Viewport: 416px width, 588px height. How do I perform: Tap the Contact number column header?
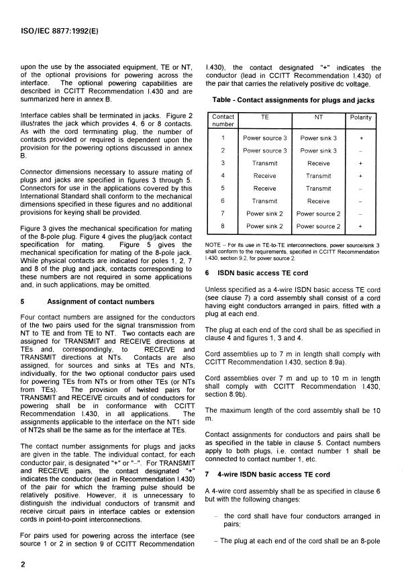tap(223, 120)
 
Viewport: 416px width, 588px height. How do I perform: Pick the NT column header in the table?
tap(319, 117)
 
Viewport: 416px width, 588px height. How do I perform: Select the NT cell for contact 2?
tap(319, 150)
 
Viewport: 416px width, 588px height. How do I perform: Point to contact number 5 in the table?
tap(223, 189)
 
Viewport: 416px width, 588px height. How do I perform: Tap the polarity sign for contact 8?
tap(364, 226)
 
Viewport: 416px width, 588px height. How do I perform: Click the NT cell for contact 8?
tap(319, 226)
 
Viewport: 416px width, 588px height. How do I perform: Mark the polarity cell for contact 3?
tap(364, 163)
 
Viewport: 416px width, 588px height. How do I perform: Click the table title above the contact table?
tap(293, 99)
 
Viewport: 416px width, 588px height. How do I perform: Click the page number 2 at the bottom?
tap(23, 564)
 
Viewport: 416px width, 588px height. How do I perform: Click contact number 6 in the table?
tap(223, 201)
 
